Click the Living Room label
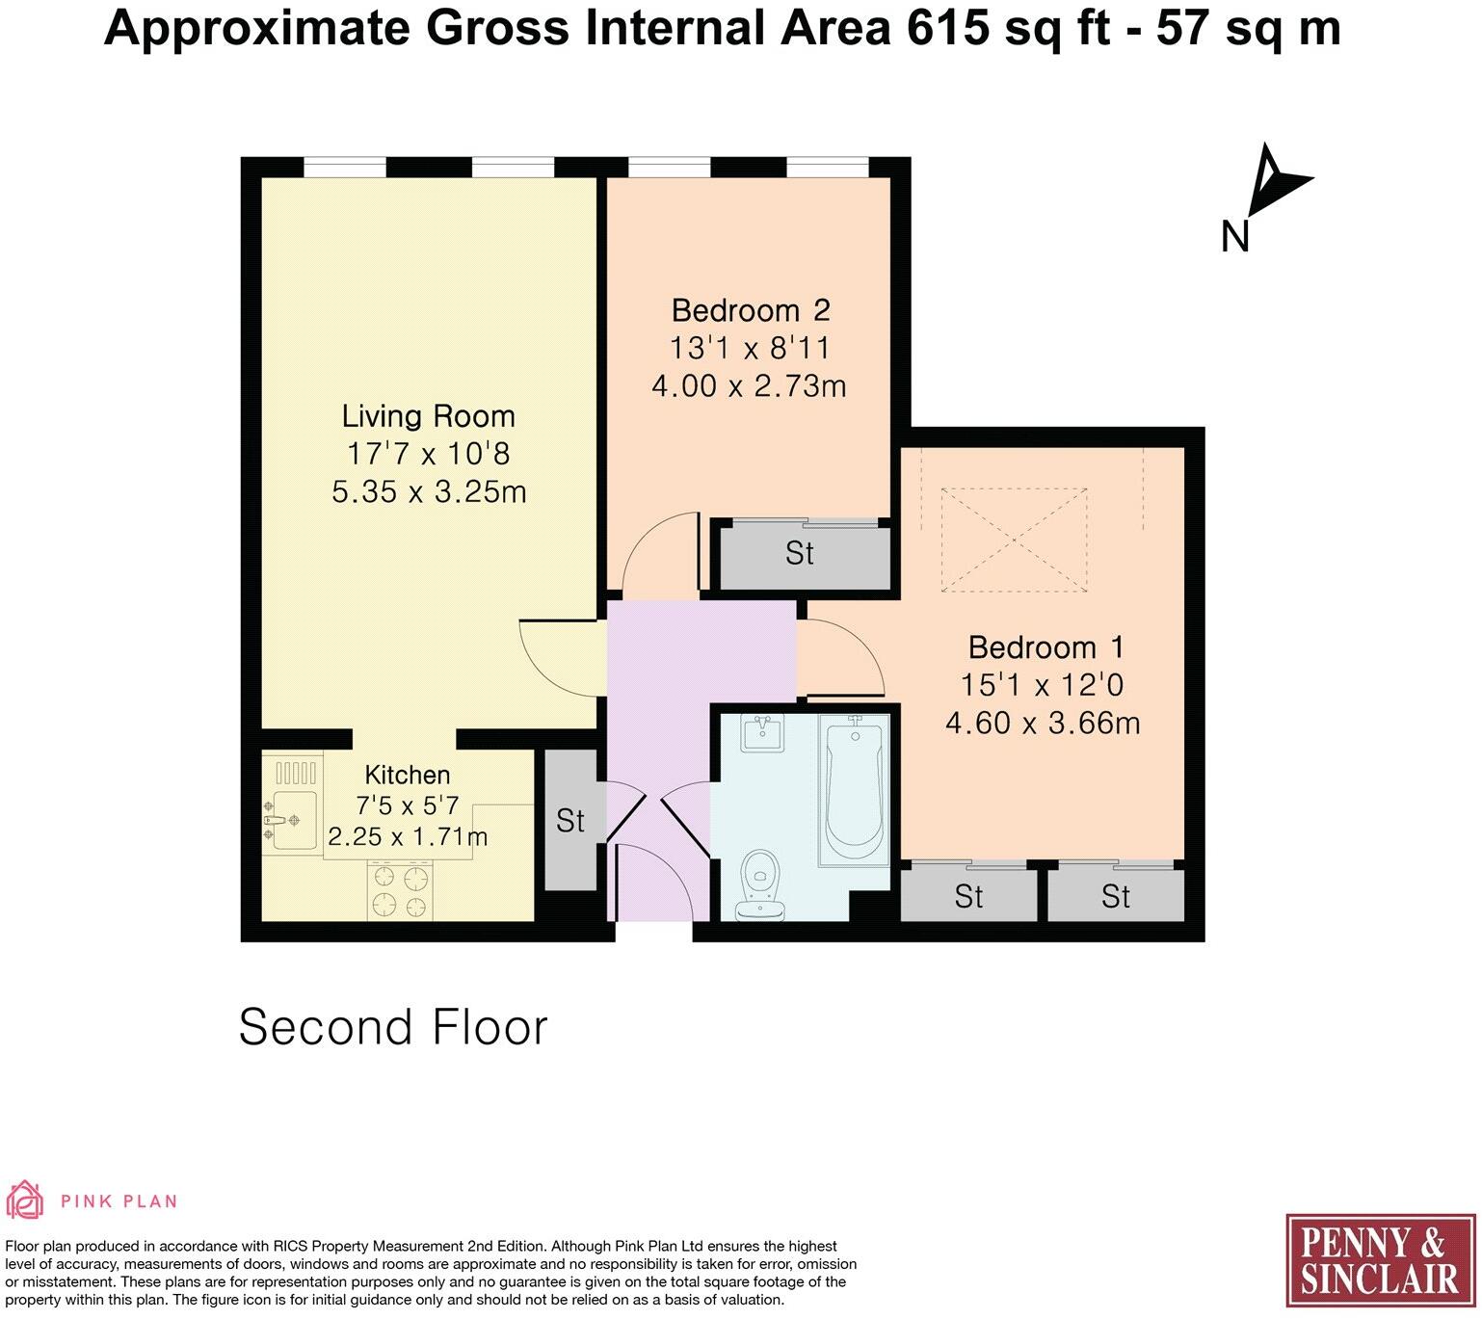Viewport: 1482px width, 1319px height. [429, 416]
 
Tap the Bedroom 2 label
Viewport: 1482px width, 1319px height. [750, 310]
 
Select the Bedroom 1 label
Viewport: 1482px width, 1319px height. [1045, 646]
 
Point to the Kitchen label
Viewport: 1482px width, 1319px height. [407, 775]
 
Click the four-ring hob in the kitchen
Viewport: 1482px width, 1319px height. [400, 892]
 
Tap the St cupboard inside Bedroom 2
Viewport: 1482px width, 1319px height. [800, 554]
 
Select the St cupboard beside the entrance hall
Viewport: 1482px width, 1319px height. [569, 821]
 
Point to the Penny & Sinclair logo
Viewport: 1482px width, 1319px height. [1380, 1260]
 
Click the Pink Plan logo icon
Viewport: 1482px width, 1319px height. [25, 1200]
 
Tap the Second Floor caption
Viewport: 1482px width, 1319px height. [393, 1027]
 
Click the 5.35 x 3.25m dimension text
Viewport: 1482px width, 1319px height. [429, 492]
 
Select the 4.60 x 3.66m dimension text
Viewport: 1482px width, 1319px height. [1043, 723]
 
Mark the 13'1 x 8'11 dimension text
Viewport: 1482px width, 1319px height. [750, 348]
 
